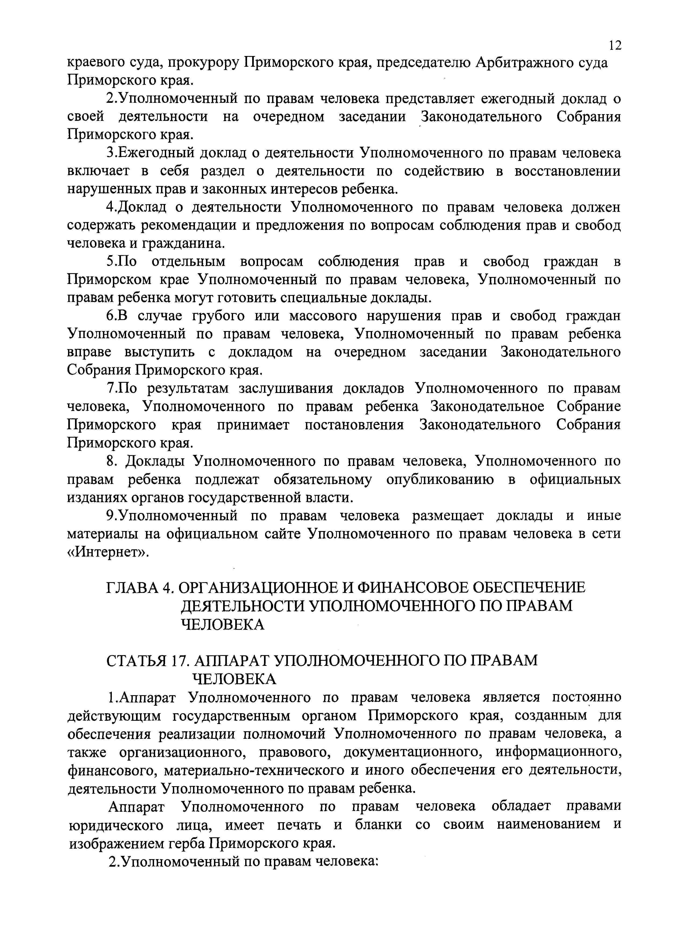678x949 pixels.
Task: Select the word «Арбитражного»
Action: pyautogui.click(x=526, y=63)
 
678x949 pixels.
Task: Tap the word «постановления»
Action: pyautogui.click(x=354, y=425)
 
